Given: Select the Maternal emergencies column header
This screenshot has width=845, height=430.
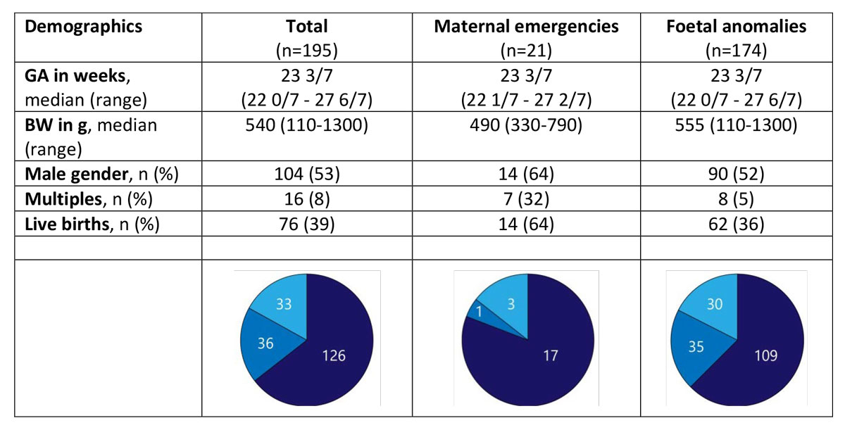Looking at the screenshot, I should [x=526, y=27].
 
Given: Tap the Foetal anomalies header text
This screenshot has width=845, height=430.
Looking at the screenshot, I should [x=736, y=27].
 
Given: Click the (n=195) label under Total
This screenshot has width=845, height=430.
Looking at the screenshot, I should [x=307, y=50].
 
